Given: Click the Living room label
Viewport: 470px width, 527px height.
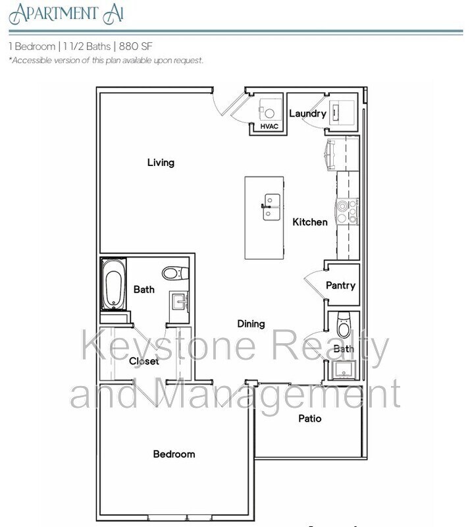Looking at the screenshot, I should [x=161, y=162].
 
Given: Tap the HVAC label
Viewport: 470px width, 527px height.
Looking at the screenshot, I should [x=268, y=126].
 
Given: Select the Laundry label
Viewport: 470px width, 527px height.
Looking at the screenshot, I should [x=307, y=113].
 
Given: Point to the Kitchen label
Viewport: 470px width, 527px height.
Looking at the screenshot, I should [x=309, y=222].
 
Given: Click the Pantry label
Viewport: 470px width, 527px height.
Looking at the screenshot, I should [x=340, y=285].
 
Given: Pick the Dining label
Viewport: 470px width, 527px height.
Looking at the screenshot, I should [x=251, y=323].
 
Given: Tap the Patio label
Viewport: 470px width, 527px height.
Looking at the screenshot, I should [x=309, y=418].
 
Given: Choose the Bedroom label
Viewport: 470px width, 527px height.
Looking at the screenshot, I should [x=174, y=454].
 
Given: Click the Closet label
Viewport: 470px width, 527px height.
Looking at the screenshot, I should [x=144, y=361].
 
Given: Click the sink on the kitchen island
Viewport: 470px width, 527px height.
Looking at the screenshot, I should [x=270, y=207].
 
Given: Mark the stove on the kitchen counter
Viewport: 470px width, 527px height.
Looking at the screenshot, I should [x=347, y=211].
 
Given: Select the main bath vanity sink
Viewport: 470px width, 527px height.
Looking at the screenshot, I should [x=179, y=302].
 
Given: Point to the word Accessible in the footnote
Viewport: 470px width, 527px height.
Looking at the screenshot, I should [x=32, y=61].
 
